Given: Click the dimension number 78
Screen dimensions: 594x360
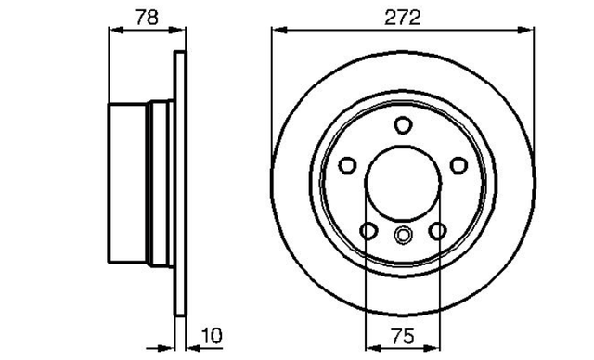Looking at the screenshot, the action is tap(147, 18).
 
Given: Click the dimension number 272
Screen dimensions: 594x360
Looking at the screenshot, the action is tap(402, 18).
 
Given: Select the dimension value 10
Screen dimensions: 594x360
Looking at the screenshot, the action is tap(212, 335).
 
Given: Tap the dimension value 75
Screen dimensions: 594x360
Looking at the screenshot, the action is tap(403, 336).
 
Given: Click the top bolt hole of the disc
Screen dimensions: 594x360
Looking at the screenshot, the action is tap(402, 125).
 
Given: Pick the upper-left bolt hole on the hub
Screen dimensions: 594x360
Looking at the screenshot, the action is tap(347, 165).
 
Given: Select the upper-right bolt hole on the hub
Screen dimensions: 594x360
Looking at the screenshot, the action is tap(458, 165).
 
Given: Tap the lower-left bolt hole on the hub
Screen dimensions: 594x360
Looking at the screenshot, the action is tap(368, 230).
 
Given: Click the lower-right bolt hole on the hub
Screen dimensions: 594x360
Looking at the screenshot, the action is tap(437, 230).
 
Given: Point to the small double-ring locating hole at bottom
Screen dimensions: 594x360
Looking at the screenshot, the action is tap(403, 235).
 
